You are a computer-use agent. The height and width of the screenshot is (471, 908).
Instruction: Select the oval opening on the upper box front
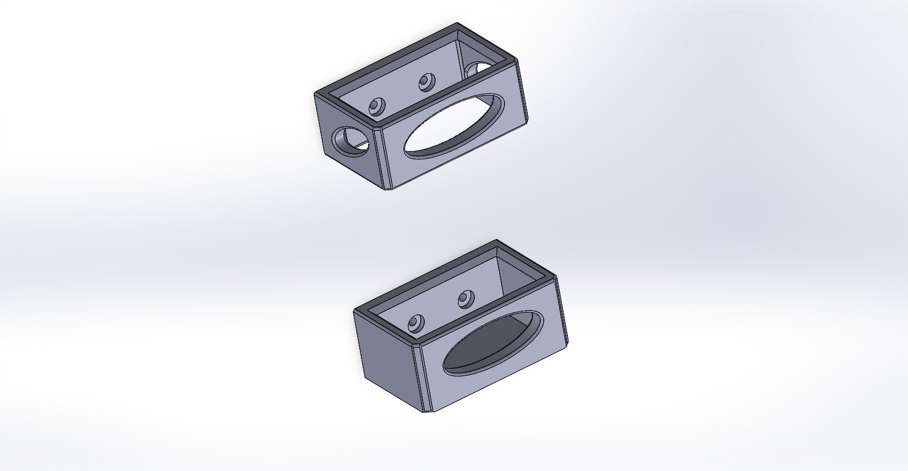455,127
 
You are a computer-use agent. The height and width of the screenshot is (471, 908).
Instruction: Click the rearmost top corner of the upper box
458,24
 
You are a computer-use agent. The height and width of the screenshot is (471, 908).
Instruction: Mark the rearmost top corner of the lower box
497,241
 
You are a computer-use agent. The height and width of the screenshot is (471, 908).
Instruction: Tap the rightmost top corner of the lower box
556,277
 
